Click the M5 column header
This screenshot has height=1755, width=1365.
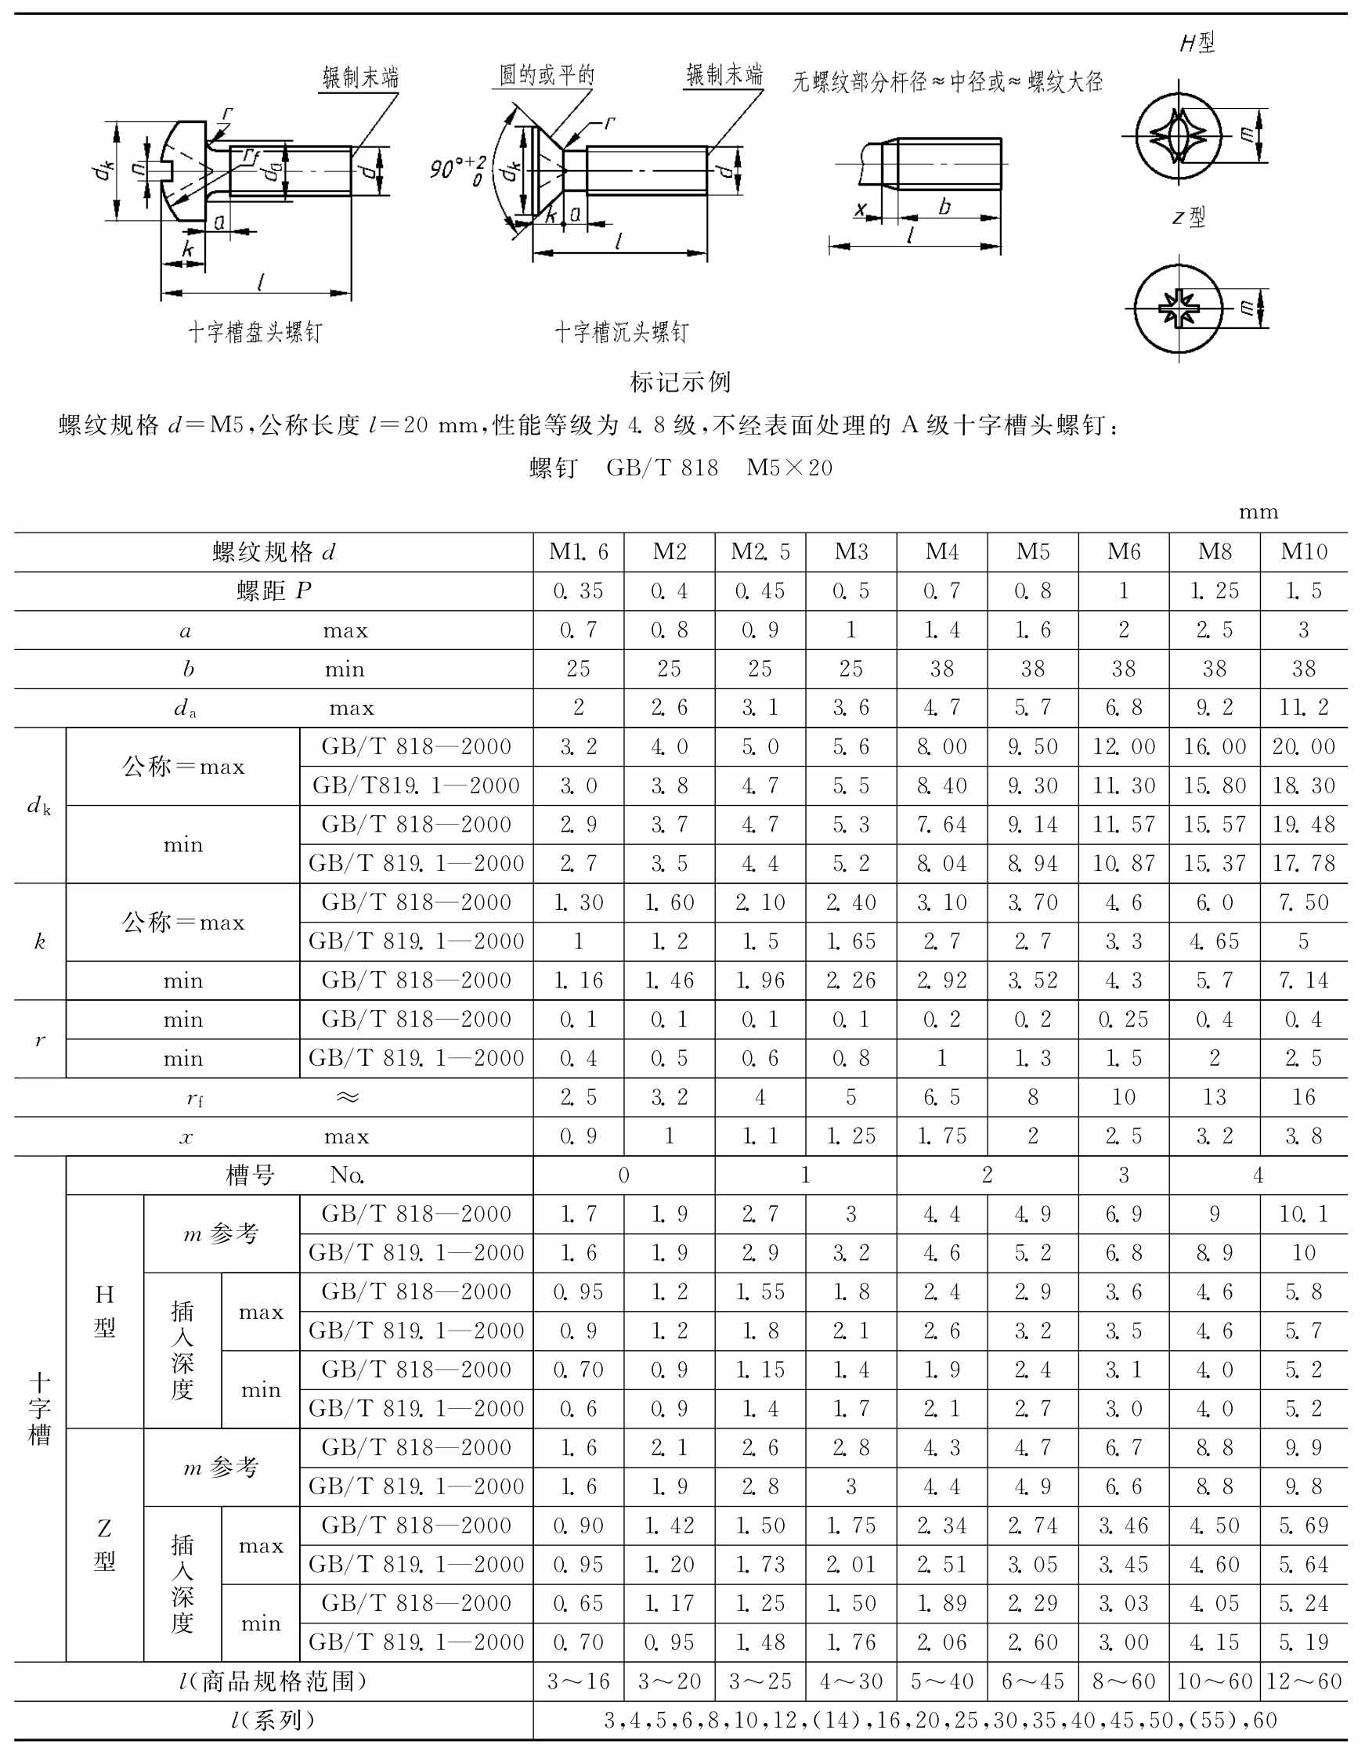click(1032, 552)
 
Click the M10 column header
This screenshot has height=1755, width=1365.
click(1303, 552)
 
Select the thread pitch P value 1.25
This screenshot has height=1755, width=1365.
click(1214, 590)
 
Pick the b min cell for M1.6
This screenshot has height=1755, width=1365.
click(578, 669)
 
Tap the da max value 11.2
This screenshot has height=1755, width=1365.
click(1303, 707)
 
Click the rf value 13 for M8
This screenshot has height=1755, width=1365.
click(1214, 1097)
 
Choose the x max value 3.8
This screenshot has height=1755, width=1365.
click(1303, 1136)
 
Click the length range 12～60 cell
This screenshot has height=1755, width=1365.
click(1303, 1681)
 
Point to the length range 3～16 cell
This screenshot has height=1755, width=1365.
click(578, 1681)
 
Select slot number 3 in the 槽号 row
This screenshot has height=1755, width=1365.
click(1123, 1175)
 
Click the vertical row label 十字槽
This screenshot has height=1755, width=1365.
click(39, 1409)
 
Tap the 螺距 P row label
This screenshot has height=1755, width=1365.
click(273, 590)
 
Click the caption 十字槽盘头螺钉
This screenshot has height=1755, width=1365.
click(255, 333)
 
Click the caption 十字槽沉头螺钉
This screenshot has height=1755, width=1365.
click(621, 333)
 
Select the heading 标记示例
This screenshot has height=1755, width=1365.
click(680, 382)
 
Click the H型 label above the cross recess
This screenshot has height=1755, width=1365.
click(1197, 42)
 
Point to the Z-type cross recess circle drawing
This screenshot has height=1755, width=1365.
click(1178, 309)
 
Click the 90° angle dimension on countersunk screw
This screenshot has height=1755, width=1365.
click(457, 168)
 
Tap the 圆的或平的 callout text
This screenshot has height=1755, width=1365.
click(547, 76)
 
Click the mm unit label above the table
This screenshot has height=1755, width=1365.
click(1258, 512)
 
